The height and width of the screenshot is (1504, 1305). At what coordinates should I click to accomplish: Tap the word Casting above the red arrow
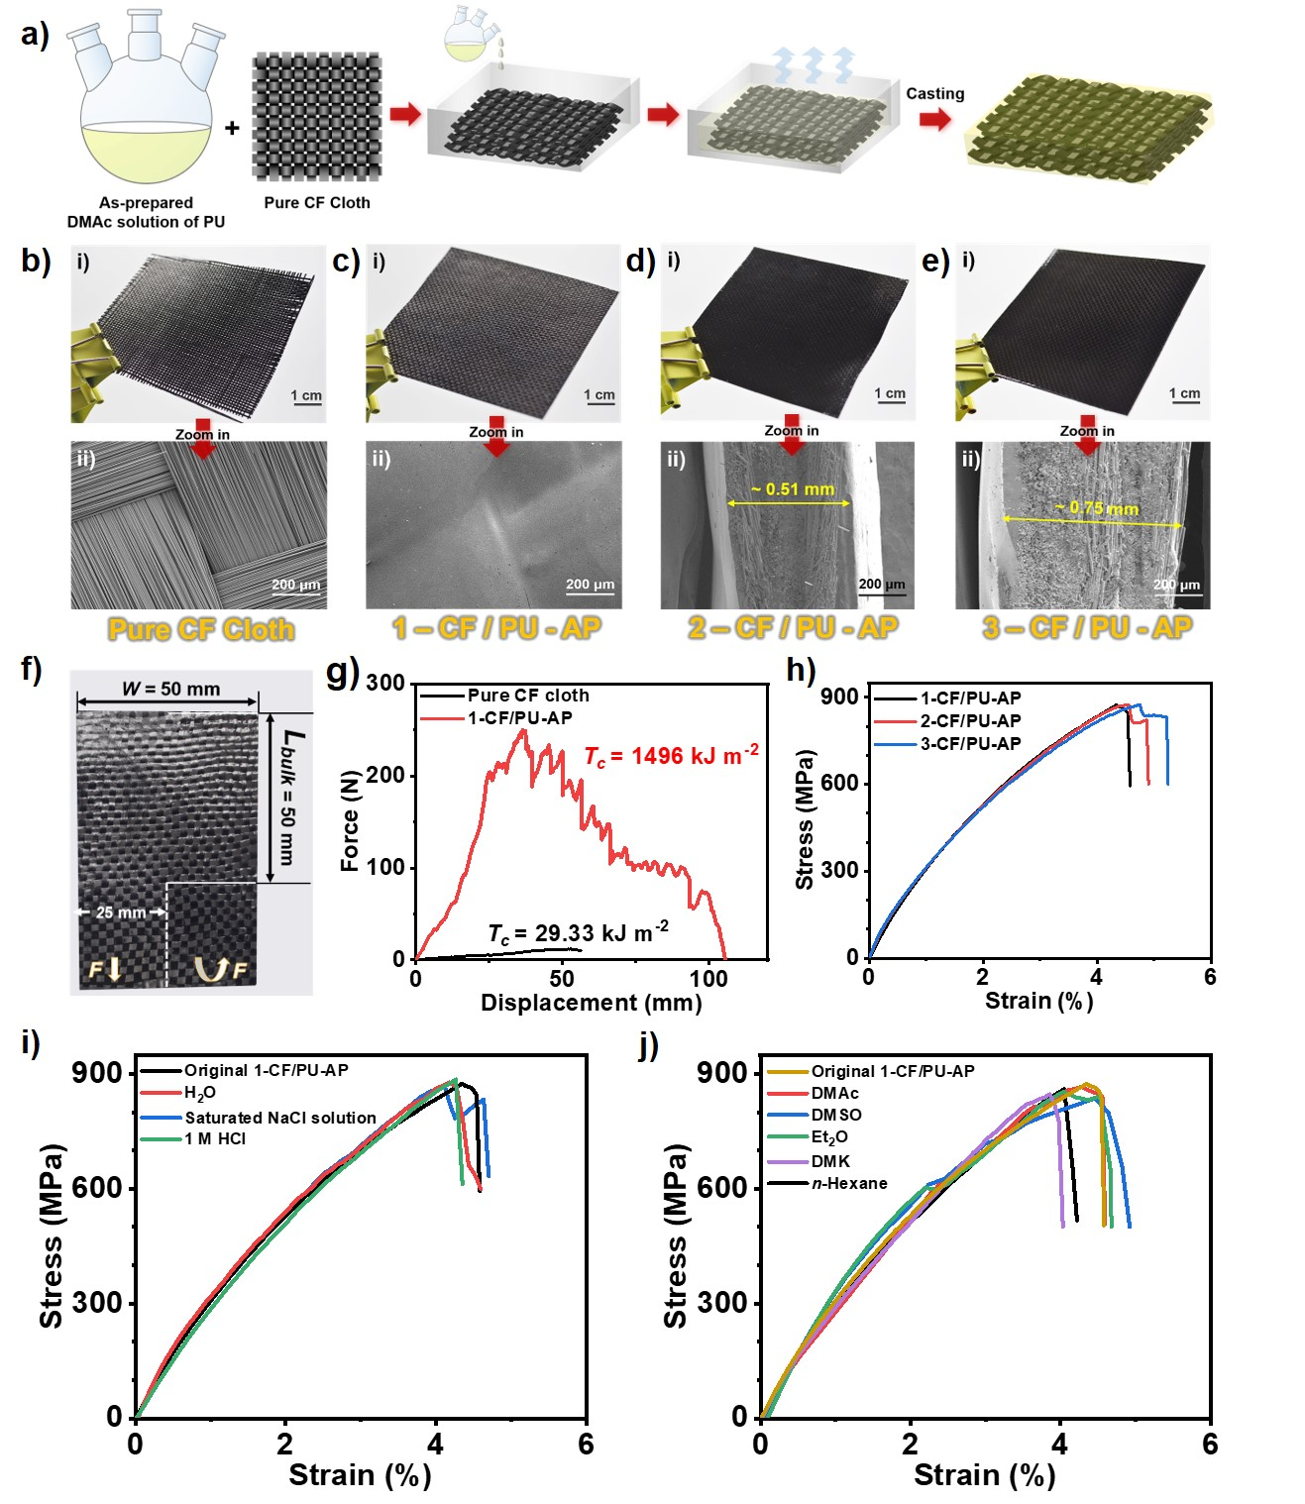tap(934, 93)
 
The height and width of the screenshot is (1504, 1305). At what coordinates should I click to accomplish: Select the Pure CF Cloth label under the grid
tap(317, 202)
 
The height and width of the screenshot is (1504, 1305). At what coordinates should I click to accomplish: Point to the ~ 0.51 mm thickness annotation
tap(792, 489)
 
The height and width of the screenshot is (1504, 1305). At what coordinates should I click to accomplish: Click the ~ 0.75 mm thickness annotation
tap(1097, 508)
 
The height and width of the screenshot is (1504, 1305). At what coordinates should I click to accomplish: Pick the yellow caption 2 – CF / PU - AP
tap(793, 628)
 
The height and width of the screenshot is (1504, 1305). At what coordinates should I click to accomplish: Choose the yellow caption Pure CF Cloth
tap(201, 630)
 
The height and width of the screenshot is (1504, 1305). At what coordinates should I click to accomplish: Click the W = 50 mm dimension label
tap(170, 689)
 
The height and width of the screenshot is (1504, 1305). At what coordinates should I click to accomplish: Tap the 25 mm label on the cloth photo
tap(120, 913)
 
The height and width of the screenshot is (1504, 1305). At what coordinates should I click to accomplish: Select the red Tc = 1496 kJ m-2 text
tap(671, 757)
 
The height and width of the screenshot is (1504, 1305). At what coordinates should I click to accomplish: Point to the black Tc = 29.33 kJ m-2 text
tap(578, 933)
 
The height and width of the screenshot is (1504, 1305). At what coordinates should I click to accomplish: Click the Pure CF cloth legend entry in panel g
tap(527, 696)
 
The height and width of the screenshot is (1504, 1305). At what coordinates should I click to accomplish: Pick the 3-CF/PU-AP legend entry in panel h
tap(970, 744)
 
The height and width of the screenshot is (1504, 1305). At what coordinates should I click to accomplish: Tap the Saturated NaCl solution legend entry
tap(279, 1118)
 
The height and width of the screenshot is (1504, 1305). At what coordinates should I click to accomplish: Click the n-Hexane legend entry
tap(848, 1183)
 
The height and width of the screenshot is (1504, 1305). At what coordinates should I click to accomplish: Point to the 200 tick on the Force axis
tap(384, 775)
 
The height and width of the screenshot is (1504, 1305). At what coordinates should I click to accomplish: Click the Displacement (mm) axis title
tap(591, 1003)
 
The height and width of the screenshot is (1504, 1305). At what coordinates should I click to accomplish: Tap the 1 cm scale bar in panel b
tap(306, 396)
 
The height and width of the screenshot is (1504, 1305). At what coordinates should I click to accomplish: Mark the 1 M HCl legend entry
tap(215, 1139)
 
